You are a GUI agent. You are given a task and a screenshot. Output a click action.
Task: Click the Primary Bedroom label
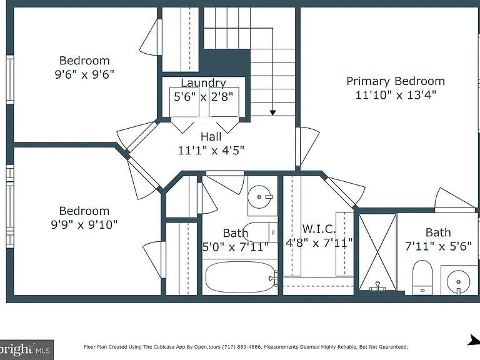[396, 81]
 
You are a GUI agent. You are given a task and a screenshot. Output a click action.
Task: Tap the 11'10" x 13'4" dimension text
[396, 95]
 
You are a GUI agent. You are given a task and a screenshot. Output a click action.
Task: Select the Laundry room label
[203, 83]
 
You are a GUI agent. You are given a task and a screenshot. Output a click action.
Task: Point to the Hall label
[211, 136]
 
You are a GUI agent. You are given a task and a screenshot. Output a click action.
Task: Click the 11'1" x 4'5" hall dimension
[211, 150]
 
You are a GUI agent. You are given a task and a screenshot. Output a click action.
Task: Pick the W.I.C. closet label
[319, 229]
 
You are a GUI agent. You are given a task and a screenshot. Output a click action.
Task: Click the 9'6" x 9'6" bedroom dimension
[84, 74]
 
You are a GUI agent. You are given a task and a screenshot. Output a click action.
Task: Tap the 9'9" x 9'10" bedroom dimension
[84, 225]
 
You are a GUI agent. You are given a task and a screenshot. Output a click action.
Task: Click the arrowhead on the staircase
[272, 113]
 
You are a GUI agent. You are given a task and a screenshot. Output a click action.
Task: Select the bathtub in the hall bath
[240, 277]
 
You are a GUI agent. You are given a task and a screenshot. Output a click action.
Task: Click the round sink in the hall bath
[259, 197]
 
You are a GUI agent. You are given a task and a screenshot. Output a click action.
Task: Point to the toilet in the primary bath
[422, 277]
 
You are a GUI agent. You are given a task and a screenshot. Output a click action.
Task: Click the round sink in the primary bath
[458, 282]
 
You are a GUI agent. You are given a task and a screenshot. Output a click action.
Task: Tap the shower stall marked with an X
[377, 252]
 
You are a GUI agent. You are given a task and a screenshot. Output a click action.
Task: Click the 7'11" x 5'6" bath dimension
[438, 246]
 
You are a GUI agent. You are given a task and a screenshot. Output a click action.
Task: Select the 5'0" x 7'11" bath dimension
[236, 247]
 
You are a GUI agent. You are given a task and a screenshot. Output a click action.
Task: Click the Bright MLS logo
[27, 349]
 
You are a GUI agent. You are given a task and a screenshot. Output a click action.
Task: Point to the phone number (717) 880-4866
[241, 347]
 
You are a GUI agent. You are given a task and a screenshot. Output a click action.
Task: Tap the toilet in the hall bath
[261, 232]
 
